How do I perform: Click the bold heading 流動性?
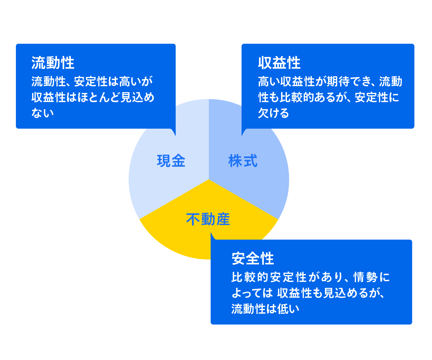click(53, 63)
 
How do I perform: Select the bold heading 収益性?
click(279, 63)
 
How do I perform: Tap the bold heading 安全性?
click(253, 259)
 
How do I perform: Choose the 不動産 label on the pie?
click(208, 219)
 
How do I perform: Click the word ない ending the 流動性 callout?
click(42, 113)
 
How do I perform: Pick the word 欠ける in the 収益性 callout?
click(273, 113)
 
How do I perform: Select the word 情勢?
click(365, 277)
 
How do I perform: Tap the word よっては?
click(252, 293)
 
